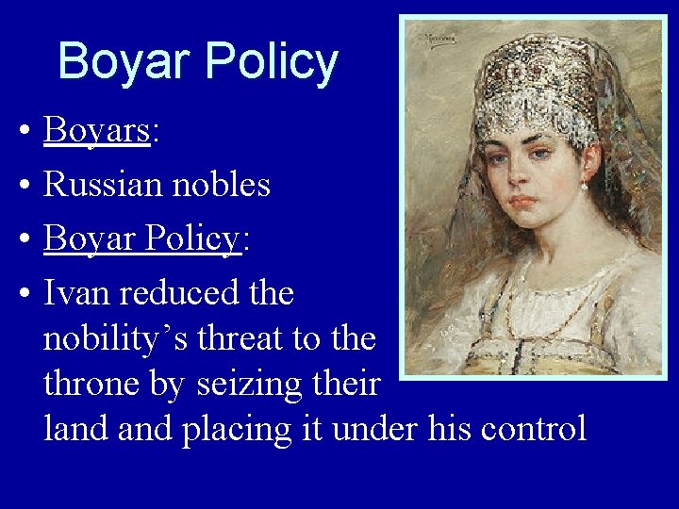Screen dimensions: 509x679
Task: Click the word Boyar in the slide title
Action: tap(123, 62)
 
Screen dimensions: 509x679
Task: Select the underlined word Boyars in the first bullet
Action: tap(96, 131)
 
